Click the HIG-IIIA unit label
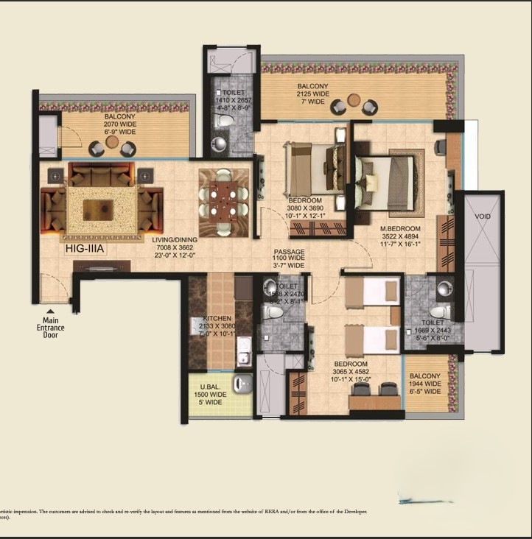point(86,250)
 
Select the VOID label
point(482,217)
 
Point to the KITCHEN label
point(217,319)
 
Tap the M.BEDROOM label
point(400,228)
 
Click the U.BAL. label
point(211,387)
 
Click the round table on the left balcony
point(112,142)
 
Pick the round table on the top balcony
point(354,100)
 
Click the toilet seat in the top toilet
point(228,119)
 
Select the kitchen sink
point(243,359)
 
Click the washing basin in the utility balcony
point(242,383)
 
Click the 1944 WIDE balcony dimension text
point(425,384)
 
